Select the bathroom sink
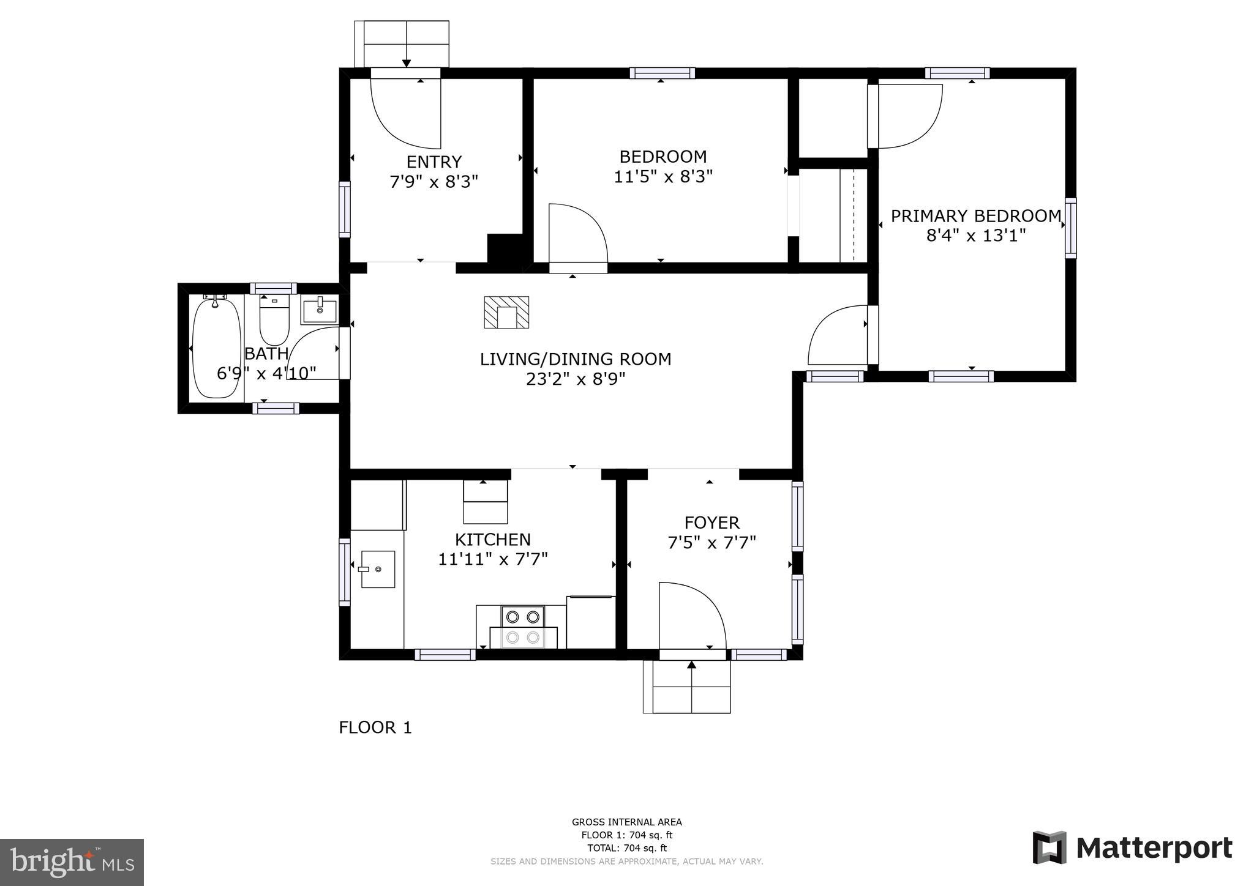[x=318, y=310]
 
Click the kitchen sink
[x=377, y=569]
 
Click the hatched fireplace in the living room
[x=506, y=313]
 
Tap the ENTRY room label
[x=434, y=162]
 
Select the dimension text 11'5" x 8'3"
[x=663, y=177]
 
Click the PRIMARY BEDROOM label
[x=975, y=216]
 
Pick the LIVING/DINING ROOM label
[x=575, y=359]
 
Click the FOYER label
[x=711, y=523]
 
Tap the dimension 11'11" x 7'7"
[x=492, y=559]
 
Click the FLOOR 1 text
[x=375, y=728]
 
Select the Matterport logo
[x=1132, y=848]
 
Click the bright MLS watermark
[x=72, y=862]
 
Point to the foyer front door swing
[x=692, y=615]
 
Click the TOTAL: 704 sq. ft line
[x=626, y=848]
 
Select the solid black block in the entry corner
[x=505, y=248]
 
